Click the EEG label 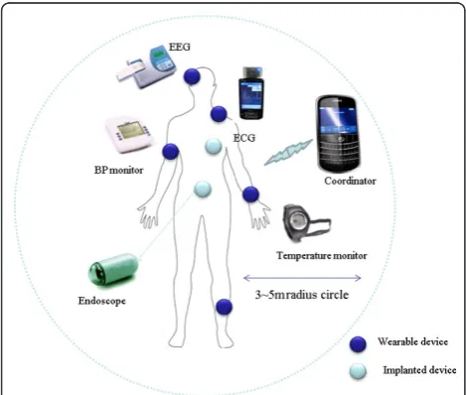tap(180, 47)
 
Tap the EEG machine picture tap(146, 66)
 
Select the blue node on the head tap(192, 76)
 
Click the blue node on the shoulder tap(219, 114)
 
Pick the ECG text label tap(244, 138)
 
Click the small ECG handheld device tap(251, 93)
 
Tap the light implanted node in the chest tap(214, 146)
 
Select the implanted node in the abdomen tap(203, 190)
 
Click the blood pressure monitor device tap(129, 134)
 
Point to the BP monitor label tap(119, 170)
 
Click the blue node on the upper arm tap(171, 152)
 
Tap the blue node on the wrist tap(250, 195)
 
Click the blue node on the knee tap(225, 307)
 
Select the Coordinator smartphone tap(338, 134)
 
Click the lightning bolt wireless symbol tap(288, 152)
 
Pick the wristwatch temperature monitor tap(306, 223)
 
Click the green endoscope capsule tap(113, 269)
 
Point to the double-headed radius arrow tap(302, 278)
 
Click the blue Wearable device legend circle tap(358, 344)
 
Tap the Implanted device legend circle tap(358, 371)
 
